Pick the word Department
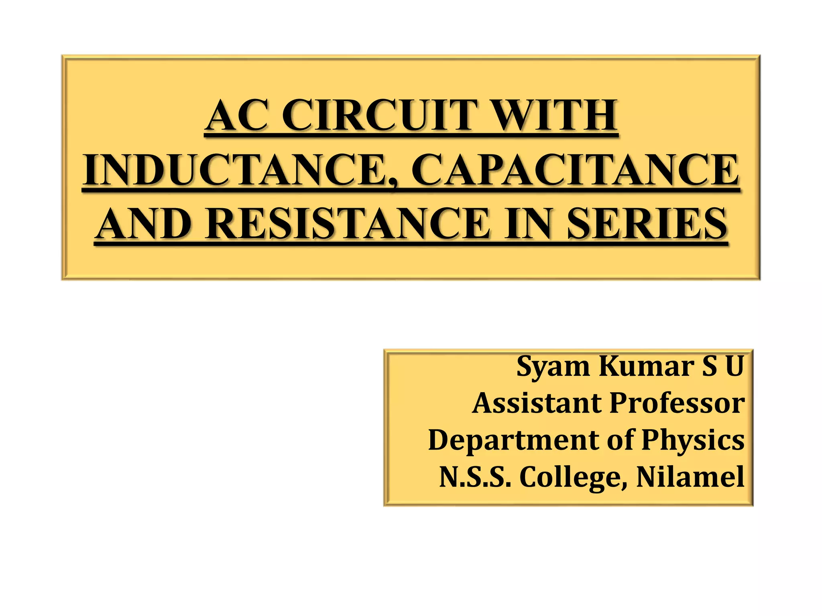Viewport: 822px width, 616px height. [x=514, y=440]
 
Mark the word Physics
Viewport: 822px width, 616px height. [x=693, y=440]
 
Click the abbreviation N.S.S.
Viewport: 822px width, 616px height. [x=475, y=477]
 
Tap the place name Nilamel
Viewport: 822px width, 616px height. [x=690, y=477]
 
